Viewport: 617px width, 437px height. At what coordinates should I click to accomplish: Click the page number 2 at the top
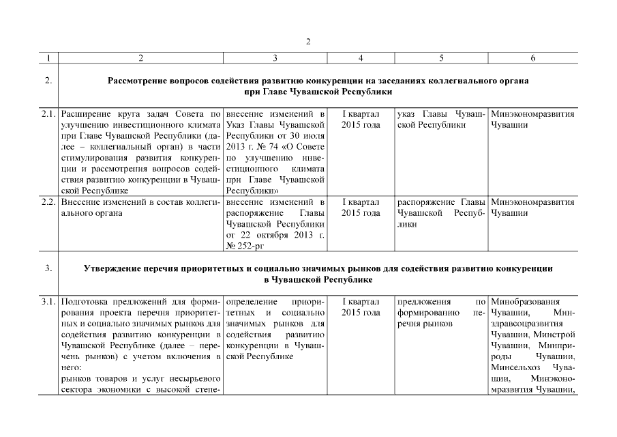coord(307,42)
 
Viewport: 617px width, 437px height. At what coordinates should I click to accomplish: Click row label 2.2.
coord(48,203)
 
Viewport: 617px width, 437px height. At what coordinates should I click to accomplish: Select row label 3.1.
coord(48,302)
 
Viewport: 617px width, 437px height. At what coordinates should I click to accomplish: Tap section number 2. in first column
coord(48,81)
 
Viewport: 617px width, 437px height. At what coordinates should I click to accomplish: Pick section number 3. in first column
coord(48,268)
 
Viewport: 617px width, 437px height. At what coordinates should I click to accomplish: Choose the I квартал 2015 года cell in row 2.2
coord(360,208)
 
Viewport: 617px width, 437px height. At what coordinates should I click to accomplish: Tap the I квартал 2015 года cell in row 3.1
coord(360,307)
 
